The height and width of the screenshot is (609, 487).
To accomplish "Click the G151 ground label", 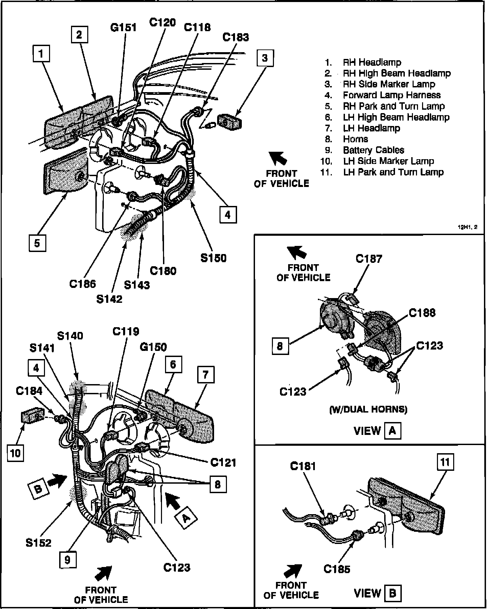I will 123,27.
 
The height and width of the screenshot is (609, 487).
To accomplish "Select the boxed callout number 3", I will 265,58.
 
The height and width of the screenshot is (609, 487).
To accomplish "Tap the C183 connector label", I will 235,37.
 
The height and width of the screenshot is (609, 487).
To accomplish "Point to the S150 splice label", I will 213,258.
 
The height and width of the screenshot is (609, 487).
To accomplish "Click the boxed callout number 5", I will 37,243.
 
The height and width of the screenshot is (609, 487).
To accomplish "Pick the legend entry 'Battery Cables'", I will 373,150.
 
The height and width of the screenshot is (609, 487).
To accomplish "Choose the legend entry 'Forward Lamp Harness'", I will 392,95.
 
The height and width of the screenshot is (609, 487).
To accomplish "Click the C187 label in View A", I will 369,259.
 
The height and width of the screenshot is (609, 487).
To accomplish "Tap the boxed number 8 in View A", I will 280,346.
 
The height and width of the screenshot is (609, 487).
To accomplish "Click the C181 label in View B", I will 303,466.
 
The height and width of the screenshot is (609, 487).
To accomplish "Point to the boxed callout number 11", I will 445,462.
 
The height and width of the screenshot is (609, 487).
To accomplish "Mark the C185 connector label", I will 337,569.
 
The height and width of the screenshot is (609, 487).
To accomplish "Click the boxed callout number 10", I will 16,453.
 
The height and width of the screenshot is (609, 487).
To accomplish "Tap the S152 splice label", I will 39,543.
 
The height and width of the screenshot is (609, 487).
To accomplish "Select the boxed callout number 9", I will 67,560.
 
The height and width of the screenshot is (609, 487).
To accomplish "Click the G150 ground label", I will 153,347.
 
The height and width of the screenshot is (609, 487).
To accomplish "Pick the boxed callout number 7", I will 205,375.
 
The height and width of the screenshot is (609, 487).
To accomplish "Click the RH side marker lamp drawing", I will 230,122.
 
